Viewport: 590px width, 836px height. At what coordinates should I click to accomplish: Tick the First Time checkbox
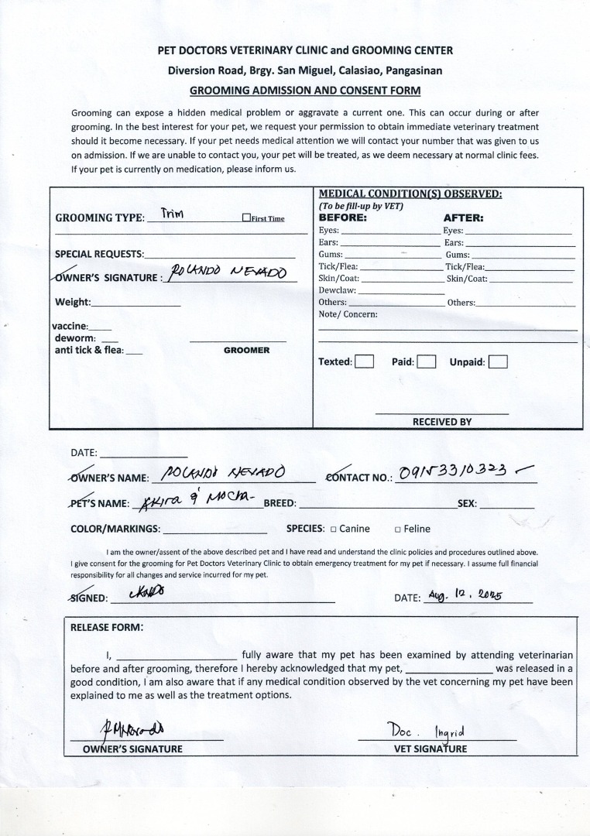point(245,218)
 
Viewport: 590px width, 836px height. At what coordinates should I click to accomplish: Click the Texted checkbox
point(364,361)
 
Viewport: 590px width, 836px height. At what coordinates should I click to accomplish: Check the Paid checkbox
point(427,361)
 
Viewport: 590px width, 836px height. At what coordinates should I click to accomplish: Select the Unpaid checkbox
point(498,361)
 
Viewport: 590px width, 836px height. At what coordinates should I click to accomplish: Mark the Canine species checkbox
point(333,529)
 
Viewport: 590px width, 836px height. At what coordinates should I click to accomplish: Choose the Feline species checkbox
point(397,529)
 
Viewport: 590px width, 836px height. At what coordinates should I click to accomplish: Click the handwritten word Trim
point(172,214)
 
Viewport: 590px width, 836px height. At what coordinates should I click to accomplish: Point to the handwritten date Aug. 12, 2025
point(465,596)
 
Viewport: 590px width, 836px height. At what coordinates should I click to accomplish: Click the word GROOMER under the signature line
point(246,351)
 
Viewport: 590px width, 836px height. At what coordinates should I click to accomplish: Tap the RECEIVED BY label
point(441,422)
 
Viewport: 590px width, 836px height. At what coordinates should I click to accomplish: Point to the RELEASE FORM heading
point(107,628)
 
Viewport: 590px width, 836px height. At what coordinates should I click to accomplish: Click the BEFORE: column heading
point(343,218)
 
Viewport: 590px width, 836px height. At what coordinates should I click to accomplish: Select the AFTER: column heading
point(463,218)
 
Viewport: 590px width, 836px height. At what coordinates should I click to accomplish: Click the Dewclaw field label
point(337,290)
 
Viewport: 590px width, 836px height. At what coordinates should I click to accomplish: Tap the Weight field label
point(73,302)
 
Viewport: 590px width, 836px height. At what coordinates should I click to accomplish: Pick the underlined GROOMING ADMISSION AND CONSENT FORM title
point(305,90)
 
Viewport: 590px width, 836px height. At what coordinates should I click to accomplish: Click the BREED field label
point(280,504)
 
